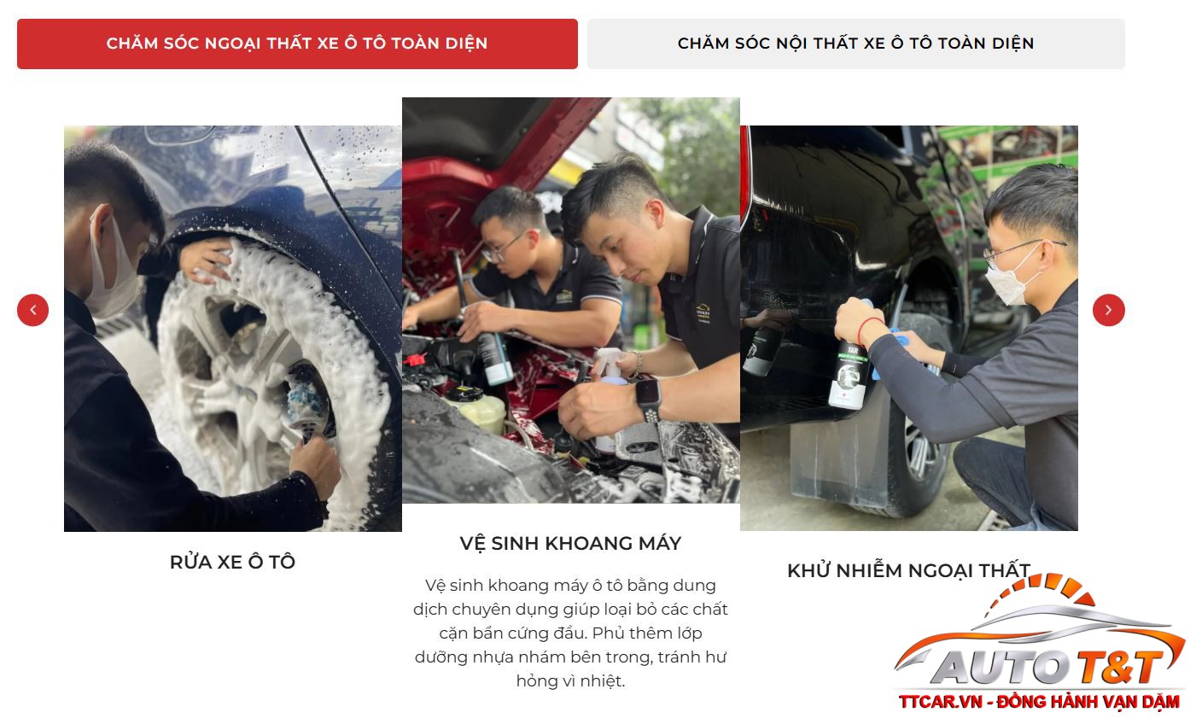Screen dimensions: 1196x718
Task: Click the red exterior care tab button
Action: (297, 44)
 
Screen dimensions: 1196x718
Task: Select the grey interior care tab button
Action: (856, 44)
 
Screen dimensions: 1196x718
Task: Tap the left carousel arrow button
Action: (33, 310)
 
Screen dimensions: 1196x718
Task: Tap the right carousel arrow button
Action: (1108, 310)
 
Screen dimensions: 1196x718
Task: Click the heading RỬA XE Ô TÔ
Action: (232, 562)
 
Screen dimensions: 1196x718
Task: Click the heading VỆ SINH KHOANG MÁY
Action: (570, 544)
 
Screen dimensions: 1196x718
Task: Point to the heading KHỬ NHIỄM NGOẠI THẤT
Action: (908, 570)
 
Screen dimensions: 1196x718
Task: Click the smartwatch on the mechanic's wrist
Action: (648, 400)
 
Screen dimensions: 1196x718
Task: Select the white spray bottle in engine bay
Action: (610, 395)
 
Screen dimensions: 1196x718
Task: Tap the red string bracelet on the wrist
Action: (869, 329)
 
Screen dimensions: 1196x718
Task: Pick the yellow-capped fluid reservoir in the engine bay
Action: (476, 407)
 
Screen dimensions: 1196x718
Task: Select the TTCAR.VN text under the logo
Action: (940, 702)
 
